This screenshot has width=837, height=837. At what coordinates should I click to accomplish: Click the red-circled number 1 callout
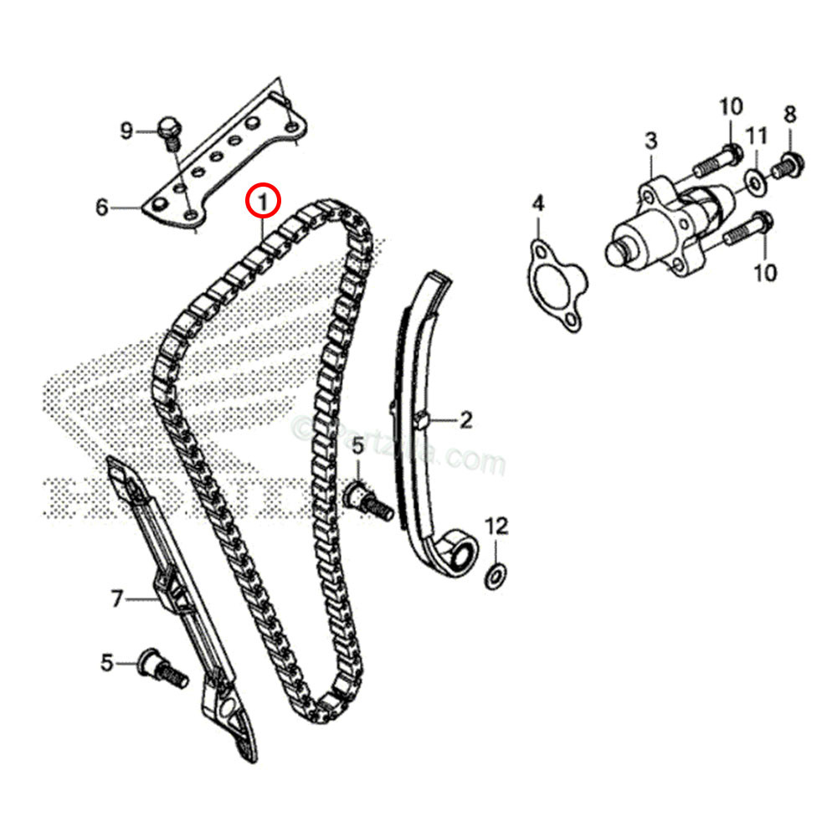coord(264,201)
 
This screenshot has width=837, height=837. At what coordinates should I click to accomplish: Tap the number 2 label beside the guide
coord(466,420)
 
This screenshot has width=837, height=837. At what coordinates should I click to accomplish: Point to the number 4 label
coord(538,203)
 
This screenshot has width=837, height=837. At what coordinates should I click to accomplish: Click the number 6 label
coord(101,207)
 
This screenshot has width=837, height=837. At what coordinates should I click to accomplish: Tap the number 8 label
coord(789,114)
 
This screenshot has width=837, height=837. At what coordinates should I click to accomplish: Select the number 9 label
coord(126,131)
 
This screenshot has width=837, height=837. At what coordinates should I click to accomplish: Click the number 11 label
coord(757,135)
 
